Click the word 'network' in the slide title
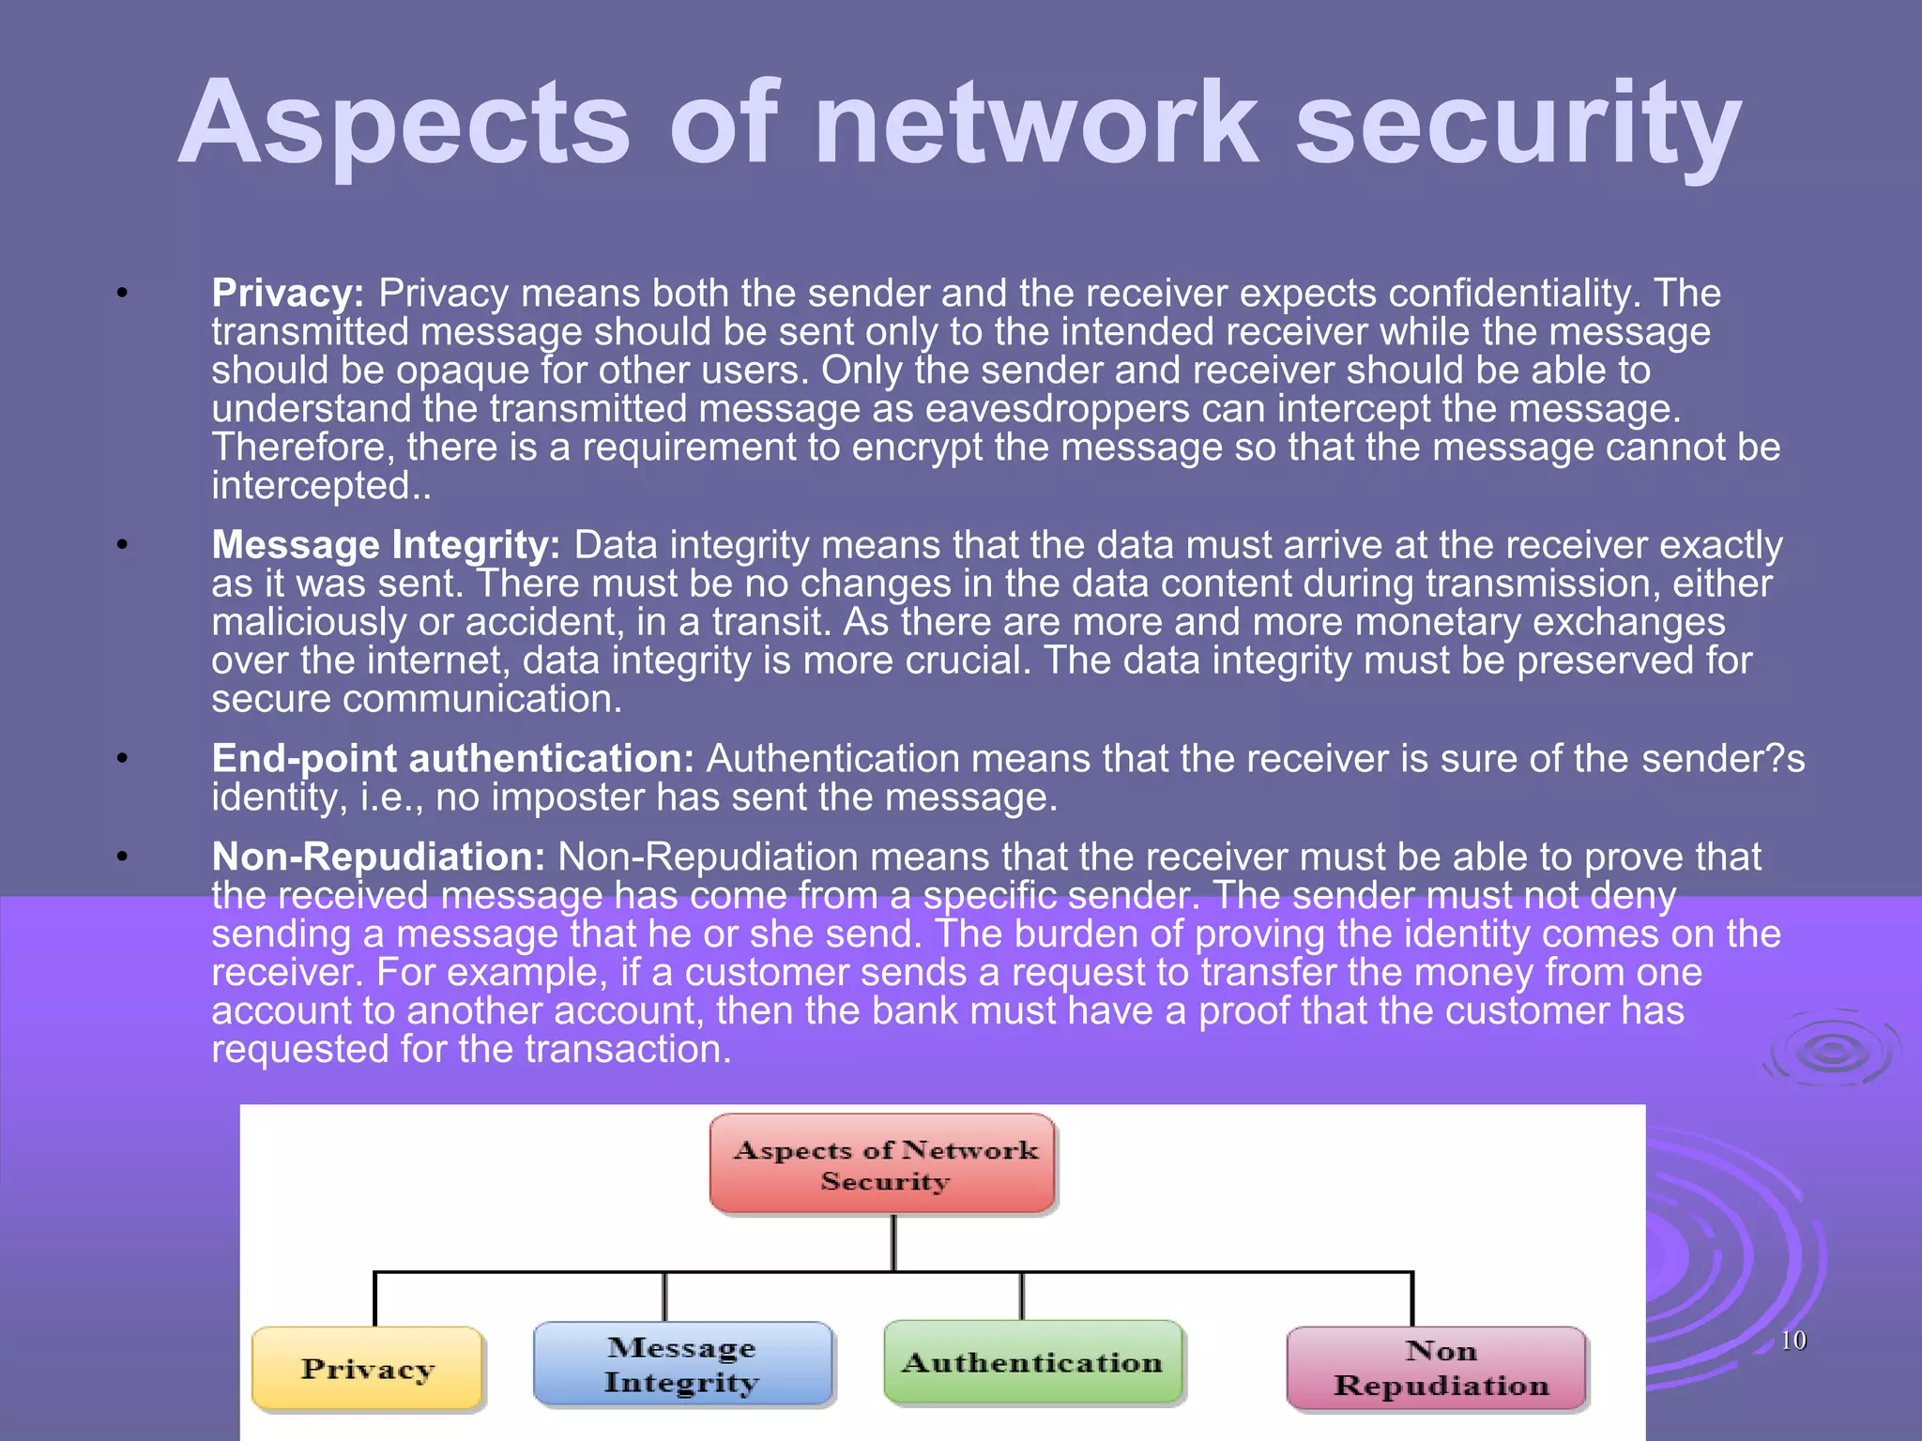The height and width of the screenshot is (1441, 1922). [1036, 124]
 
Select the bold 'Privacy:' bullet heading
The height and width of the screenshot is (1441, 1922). [287, 294]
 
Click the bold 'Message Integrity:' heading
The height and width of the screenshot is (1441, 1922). [386, 545]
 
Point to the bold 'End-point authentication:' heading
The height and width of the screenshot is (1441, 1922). [452, 758]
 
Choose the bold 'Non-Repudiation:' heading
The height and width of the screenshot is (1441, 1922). [378, 857]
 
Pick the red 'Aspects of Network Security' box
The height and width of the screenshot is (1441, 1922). [883, 1164]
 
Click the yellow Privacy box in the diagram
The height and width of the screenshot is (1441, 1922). [367, 1369]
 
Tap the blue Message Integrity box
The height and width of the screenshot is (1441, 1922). [682, 1364]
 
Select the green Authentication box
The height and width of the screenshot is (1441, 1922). [1032, 1362]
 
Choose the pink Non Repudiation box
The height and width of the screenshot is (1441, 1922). [1437, 1368]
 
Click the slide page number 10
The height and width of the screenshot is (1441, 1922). [1792, 1341]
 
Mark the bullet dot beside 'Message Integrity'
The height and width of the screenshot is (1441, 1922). [122, 544]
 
